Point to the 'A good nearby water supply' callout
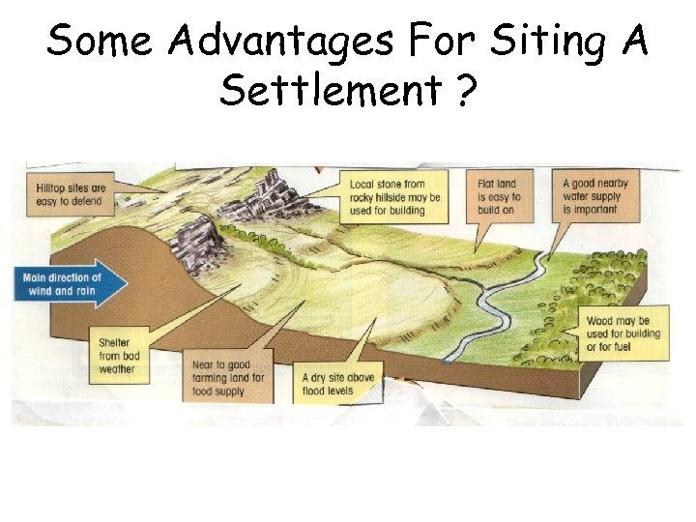595,196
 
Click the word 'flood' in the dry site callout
313,391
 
